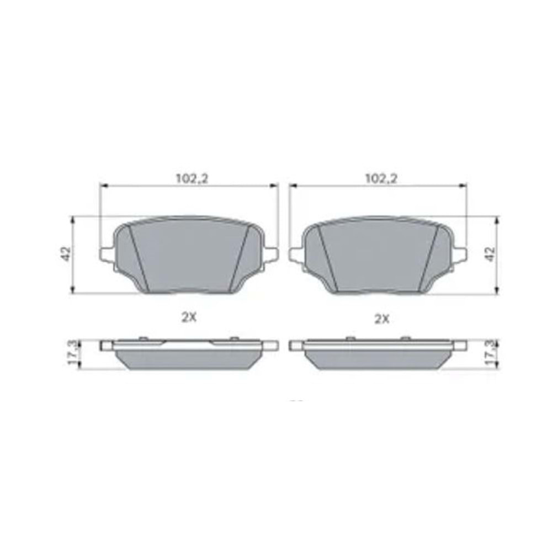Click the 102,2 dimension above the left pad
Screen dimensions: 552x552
point(187,178)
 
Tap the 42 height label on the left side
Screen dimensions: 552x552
point(66,254)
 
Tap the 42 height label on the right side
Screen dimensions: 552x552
point(490,254)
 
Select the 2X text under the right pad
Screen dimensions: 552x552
point(382,318)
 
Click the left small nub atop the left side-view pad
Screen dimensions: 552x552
point(143,338)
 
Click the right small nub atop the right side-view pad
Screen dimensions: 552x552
point(406,337)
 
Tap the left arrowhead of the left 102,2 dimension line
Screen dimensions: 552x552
point(102,187)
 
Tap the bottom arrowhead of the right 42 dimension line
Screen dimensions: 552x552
point(497,291)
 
